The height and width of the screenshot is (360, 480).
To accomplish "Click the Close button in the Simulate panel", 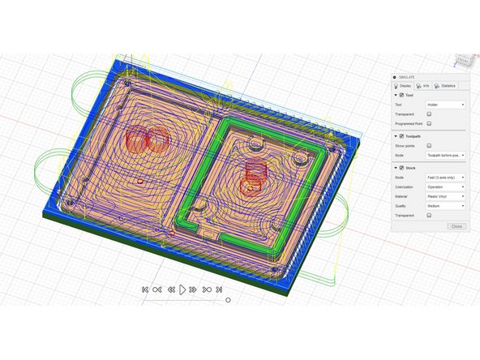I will click(x=456, y=226).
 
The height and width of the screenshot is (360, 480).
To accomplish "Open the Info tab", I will click(x=423, y=86).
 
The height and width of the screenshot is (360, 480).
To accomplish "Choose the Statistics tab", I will click(x=445, y=86).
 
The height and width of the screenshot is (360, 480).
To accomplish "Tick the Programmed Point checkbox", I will click(x=429, y=123).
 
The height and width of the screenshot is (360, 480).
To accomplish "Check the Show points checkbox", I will click(x=429, y=145).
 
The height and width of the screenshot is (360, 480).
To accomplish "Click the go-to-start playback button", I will click(x=144, y=289).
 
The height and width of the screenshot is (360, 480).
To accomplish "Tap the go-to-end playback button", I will click(x=220, y=289).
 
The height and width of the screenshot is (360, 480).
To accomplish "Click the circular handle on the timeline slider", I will click(x=228, y=299).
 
